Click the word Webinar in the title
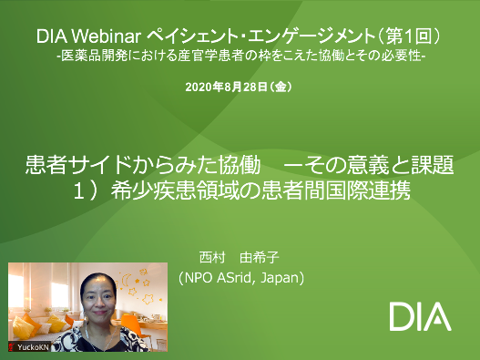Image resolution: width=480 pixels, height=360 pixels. point(106,36)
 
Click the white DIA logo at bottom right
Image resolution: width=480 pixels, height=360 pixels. point(420,316)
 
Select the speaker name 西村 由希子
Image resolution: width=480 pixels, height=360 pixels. point(239,258)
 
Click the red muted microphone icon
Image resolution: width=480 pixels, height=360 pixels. point(12,347)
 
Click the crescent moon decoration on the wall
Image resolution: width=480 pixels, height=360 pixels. point(126,281)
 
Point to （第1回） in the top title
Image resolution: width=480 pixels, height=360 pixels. point(409,36)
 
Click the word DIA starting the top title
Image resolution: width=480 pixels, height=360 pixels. point(52,36)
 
